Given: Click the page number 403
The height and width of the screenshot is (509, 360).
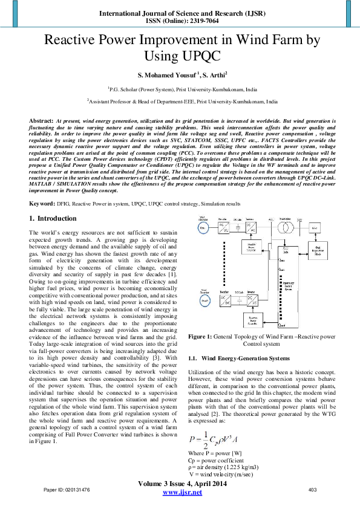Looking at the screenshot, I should (313, 489).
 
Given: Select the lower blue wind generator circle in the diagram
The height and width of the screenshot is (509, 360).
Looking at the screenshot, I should (204, 298).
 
